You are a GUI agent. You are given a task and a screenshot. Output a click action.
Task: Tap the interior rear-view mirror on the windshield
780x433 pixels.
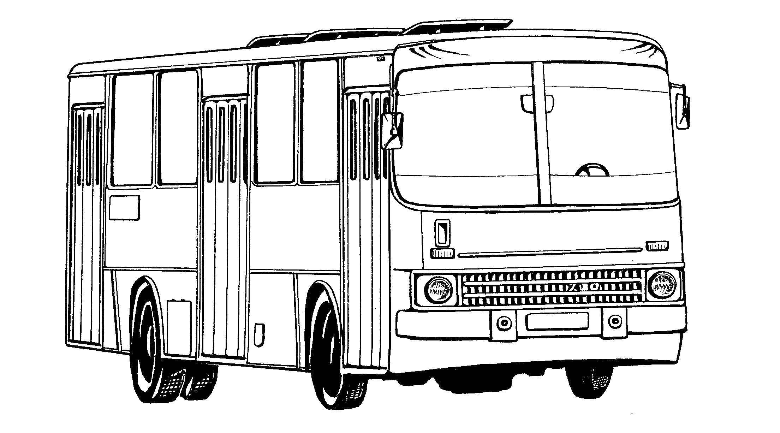point(537,103)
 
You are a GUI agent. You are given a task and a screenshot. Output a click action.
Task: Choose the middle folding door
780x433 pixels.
point(224,230)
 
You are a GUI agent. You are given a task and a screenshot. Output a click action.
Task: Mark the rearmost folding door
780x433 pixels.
point(87,226)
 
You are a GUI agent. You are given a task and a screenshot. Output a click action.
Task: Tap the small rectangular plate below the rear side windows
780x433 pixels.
point(124,208)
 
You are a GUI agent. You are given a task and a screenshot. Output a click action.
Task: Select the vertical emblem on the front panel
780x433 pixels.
point(442,233)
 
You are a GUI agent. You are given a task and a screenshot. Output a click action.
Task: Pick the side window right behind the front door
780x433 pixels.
point(320,122)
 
